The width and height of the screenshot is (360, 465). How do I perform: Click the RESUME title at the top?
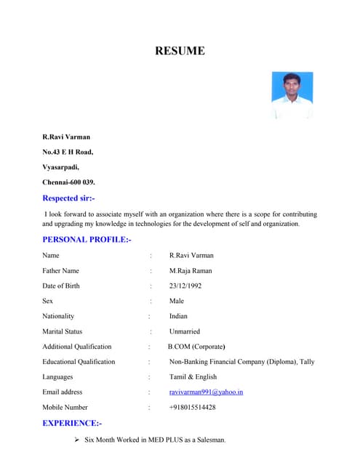click(x=180, y=51)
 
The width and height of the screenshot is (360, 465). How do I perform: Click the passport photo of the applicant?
click(x=292, y=95)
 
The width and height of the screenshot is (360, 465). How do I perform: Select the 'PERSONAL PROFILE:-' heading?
click(x=87, y=239)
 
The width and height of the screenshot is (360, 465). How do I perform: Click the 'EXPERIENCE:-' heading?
click(x=72, y=423)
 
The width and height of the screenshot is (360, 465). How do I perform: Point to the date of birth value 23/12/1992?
click(x=185, y=286)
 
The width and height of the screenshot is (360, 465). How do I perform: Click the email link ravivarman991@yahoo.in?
click(x=206, y=392)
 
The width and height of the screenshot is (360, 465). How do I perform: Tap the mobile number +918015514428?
click(x=192, y=408)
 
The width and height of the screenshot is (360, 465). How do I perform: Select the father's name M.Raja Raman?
click(x=191, y=270)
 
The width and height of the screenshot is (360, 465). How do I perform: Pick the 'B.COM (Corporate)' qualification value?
click(x=196, y=347)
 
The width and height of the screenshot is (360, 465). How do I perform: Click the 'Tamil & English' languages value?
click(x=193, y=377)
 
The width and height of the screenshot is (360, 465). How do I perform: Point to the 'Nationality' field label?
click(x=58, y=316)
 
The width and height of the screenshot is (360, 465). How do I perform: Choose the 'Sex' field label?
click(x=47, y=301)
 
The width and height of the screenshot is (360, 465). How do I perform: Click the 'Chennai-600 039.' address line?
click(x=68, y=182)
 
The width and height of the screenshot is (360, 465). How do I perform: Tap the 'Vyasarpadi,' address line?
click(x=60, y=166)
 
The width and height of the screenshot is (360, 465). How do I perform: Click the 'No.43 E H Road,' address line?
click(x=68, y=152)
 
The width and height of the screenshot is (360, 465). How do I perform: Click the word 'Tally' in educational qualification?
click(x=306, y=362)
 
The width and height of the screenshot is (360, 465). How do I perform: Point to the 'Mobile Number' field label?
click(x=65, y=408)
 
